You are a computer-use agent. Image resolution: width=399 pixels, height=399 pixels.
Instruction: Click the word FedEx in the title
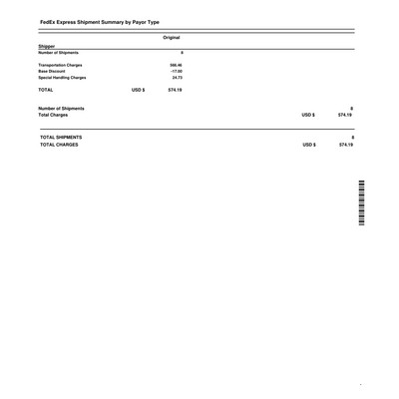tap(49, 21)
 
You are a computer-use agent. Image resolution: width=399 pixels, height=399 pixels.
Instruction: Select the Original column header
tap(171, 37)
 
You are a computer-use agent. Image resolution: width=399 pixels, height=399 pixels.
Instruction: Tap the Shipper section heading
tap(47, 45)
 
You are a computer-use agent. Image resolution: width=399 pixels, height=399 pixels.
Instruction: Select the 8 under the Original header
tap(181, 52)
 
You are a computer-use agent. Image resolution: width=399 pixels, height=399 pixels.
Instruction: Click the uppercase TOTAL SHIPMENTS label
tap(60, 137)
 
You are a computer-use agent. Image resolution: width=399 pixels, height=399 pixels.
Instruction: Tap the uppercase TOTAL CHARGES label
tap(57, 146)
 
